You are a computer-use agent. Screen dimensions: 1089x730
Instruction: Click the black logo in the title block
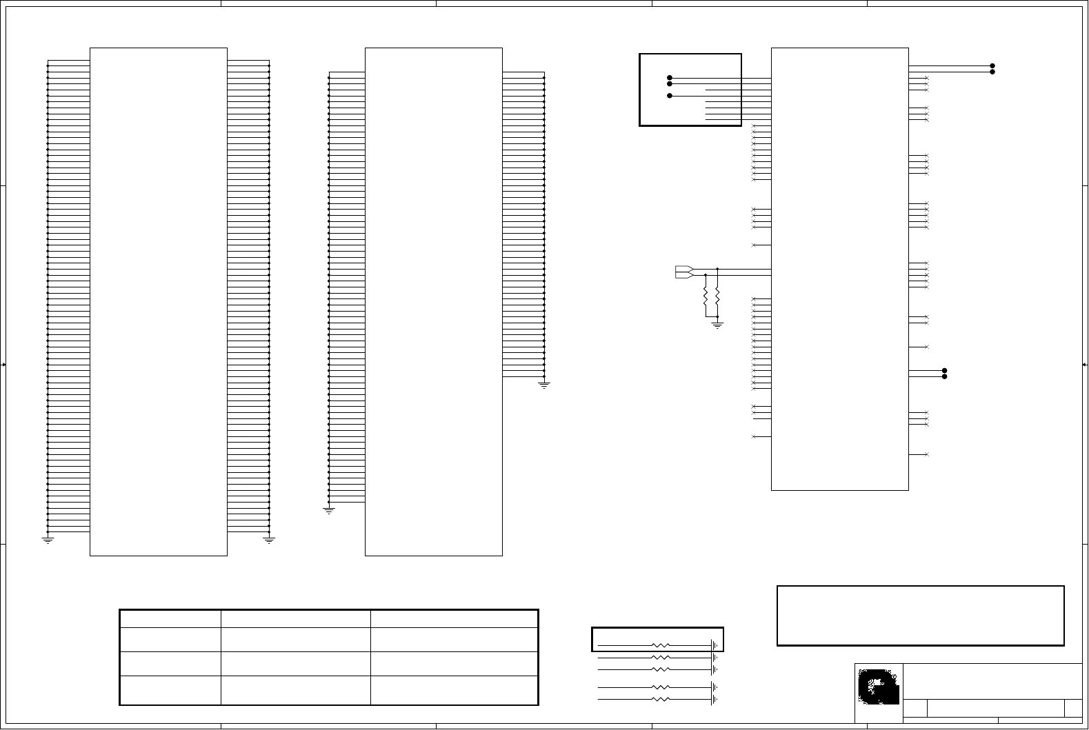tap(879, 687)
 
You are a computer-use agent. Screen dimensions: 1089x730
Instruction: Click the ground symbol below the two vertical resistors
tap(717, 324)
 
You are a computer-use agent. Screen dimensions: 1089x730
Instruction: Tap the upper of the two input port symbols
tap(683, 269)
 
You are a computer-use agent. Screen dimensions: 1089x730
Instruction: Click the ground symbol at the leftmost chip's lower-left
tap(48, 540)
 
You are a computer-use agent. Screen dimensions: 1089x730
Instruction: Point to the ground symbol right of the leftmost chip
tap(269, 540)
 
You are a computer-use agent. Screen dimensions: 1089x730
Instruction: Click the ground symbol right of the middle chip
tap(544, 385)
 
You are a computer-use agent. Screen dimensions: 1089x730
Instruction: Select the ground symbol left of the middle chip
tap(329, 511)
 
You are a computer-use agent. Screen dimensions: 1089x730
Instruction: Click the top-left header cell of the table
tap(170, 618)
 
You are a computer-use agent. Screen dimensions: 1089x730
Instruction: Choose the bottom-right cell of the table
tap(454, 690)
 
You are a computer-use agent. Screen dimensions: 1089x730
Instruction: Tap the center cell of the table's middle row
tap(295, 663)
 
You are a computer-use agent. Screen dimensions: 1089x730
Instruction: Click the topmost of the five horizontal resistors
tap(661, 646)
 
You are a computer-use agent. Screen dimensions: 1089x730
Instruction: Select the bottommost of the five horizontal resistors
tap(661, 699)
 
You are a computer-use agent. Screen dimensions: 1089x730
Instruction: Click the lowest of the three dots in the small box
tap(670, 96)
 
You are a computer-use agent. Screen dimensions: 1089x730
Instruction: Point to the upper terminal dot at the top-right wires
tap(992, 66)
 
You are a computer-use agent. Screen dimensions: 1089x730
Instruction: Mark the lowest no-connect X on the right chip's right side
tap(927, 454)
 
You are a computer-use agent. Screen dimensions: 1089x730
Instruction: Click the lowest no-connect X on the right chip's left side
tap(754, 436)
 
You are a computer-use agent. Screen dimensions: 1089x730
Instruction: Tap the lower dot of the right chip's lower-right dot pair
tap(944, 376)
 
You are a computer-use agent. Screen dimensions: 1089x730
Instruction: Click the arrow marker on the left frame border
tap(4, 364)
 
